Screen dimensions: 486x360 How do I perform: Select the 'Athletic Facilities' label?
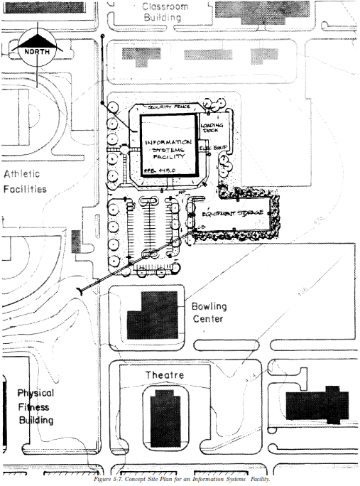(26, 181)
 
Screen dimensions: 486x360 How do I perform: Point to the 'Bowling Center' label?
(209, 312)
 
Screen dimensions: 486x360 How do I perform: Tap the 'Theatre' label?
(165, 374)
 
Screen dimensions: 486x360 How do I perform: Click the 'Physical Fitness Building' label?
(36, 406)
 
